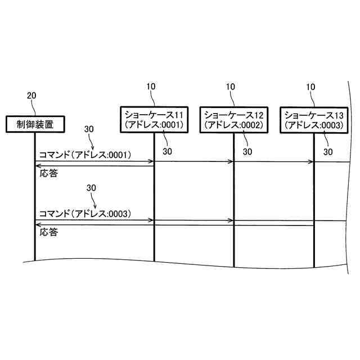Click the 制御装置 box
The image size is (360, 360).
[35, 123]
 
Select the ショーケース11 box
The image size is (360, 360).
[154, 119]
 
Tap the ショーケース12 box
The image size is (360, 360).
[234, 119]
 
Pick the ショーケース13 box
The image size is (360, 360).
[313, 119]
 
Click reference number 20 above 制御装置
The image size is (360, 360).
[31, 95]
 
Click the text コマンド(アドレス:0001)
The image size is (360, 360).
[84, 154]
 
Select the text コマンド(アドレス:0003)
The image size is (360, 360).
[84, 213]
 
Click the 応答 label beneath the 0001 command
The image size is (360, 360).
[48, 173]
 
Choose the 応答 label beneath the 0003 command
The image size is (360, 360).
[48, 232]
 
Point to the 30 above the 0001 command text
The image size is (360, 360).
[89, 129]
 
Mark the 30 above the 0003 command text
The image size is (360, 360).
[93, 187]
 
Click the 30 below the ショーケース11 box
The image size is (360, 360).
[167, 151]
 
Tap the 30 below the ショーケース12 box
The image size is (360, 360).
[247, 151]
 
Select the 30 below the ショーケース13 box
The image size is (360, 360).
[328, 151]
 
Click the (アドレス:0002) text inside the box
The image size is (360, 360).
[234, 124]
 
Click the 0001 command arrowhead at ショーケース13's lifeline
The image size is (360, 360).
[310, 161]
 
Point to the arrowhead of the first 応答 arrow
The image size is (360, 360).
[38, 166]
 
